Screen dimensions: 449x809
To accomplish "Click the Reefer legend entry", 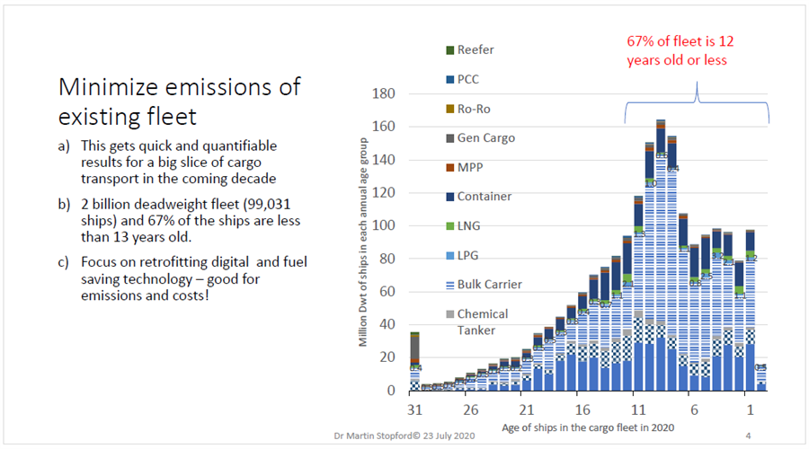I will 475,50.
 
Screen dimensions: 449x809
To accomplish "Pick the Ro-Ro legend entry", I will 474,109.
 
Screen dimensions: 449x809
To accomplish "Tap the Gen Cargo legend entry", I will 482,138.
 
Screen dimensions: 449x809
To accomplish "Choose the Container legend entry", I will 484,197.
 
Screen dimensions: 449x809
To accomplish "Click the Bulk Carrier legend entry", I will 489,285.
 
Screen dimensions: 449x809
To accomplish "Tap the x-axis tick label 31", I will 414,408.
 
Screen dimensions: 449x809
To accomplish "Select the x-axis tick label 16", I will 582,408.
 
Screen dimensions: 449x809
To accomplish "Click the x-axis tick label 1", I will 749,408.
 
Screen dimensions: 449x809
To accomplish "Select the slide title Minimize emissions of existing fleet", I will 180,101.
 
